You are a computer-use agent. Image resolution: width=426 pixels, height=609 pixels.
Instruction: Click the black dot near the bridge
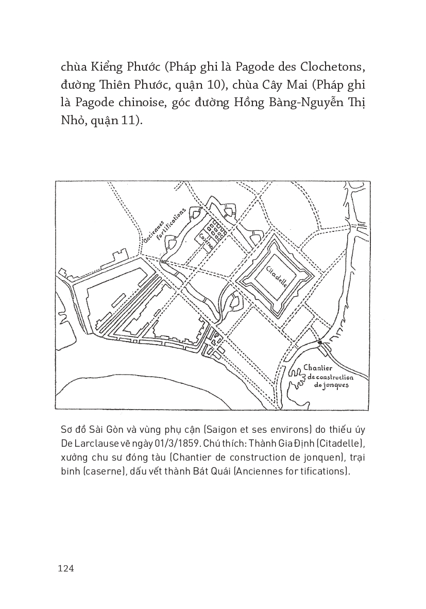[320, 342]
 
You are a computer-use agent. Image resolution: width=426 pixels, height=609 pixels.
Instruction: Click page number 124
[67, 568]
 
